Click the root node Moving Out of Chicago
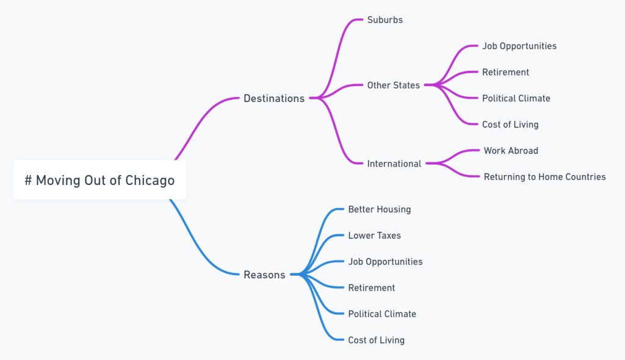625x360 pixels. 99,180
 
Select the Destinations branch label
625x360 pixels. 274,98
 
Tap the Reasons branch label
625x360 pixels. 264,275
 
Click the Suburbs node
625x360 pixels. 385,20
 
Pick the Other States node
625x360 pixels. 394,85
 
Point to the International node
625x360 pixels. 394,164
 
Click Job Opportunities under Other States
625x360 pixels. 519,46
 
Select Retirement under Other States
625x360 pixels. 505,72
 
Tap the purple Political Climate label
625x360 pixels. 516,98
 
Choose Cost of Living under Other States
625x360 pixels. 510,124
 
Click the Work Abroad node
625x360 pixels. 511,150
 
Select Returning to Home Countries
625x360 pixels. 544,176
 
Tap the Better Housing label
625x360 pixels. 380,209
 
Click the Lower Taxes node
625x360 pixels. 375,236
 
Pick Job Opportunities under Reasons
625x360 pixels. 385,261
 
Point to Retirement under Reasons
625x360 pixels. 372,287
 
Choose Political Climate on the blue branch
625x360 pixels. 382,314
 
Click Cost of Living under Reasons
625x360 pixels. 377,340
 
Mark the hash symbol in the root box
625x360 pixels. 28,181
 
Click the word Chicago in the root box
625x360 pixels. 150,181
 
